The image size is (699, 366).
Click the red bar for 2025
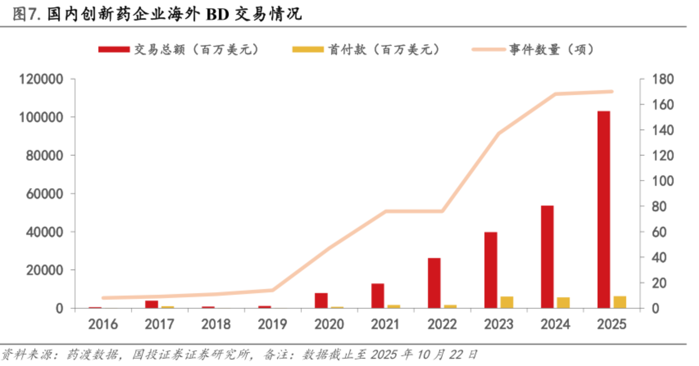click(604, 210)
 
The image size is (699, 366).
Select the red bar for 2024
click(547, 257)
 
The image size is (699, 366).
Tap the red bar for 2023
click(491, 270)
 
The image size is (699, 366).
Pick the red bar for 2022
click(434, 283)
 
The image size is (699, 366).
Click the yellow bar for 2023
click(507, 302)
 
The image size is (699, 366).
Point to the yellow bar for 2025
click(620, 302)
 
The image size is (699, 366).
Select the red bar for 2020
click(321, 301)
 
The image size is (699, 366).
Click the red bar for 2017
click(152, 304)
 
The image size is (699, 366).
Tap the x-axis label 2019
click(272, 324)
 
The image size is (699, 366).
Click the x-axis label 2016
click(103, 324)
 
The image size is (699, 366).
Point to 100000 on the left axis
click(41, 118)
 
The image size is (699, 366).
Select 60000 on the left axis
click(44, 194)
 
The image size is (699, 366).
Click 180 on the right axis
click(663, 79)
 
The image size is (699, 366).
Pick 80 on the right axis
click(659, 207)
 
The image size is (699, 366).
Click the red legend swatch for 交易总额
click(114, 49)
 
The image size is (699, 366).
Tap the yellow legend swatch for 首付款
click(308, 49)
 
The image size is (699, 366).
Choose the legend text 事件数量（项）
click(551, 49)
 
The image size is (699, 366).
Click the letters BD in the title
click(217, 15)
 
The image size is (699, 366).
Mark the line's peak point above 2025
click(612, 92)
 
